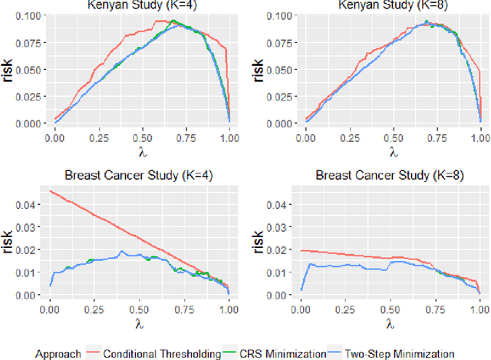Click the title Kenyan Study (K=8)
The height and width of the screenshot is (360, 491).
tap(394, 5)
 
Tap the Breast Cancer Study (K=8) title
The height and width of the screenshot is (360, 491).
tap(394, 177)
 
